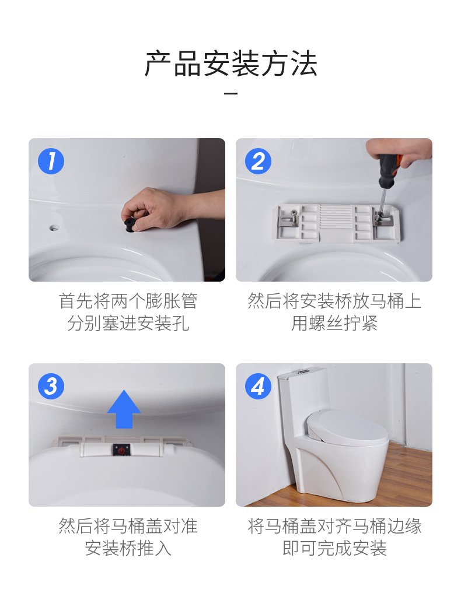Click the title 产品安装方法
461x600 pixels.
(230, 64)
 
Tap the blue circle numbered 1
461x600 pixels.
(51, 161)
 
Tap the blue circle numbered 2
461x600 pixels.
(258, 161)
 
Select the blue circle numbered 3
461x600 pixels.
(51, 386)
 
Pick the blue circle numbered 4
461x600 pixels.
(258, 386)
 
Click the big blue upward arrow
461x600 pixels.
(124, 409)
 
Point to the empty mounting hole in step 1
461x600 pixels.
(54, 227)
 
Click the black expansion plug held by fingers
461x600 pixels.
(129, 224)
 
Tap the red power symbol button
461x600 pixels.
(121, 450)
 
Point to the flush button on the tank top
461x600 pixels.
(305, 371)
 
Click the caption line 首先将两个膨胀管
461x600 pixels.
(128, 301)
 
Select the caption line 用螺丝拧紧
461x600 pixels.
(334, 324)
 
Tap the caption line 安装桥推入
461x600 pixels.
(128, 548)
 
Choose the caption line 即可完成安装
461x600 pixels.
(334, 548)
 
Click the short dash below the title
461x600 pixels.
(230, 93)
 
